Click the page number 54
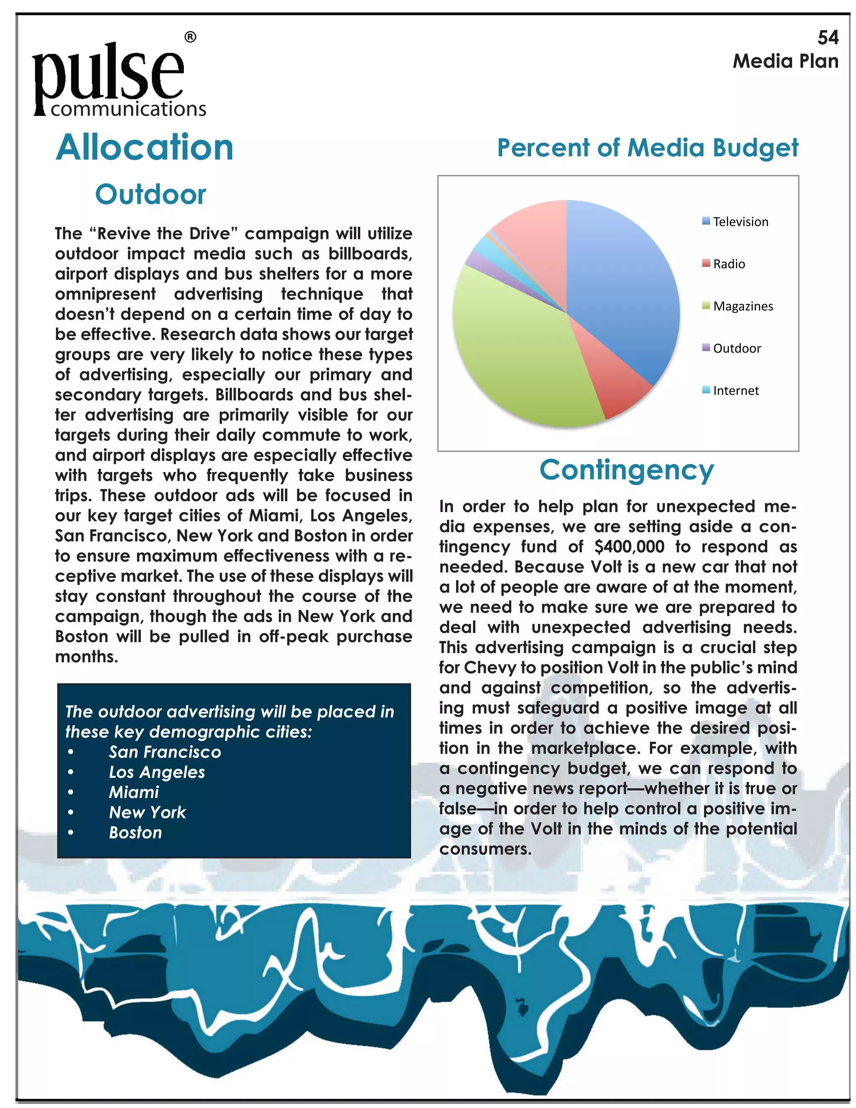(x=828, y=38)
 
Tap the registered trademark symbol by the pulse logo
(x=190, y=37)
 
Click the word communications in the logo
(x=128, y=109)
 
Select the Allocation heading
(x=145, y=148)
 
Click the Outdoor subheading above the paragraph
(x=150, y=194)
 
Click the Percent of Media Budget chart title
(x=647, y=148)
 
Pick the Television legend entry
(x=740, y=222)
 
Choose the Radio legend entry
(x=728, y=264)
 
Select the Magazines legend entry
(x=742, y=306)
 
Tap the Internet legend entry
(x=735, y=391)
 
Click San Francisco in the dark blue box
(x=165, y=752)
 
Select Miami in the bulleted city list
(x=134, y=792)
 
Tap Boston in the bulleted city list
(x=135, y=832)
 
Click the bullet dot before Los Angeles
(x=71, y=772)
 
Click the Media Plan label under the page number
(x=785, y=61)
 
